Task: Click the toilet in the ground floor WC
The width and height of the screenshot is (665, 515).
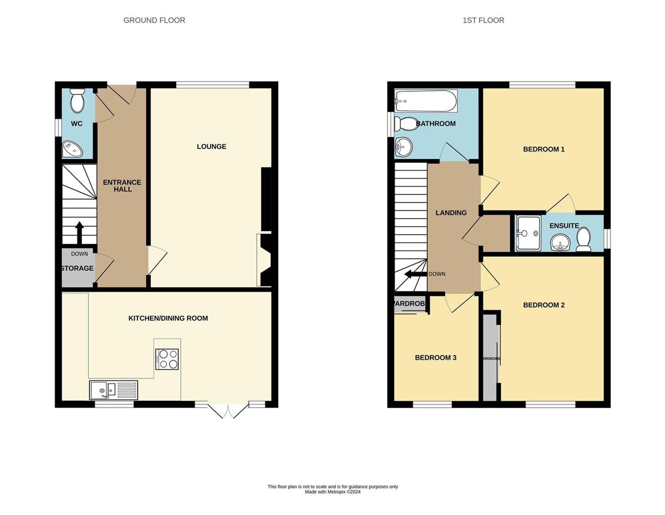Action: coord(77,100)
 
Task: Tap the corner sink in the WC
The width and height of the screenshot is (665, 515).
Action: coord(72,149)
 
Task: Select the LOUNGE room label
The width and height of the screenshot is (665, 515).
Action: coord(211,147)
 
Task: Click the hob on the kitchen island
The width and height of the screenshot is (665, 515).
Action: coord(167,359)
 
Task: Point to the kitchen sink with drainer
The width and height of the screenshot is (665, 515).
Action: coord(113,390)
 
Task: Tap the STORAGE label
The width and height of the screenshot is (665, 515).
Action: coord(77,268)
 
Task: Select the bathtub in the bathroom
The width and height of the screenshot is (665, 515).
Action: coord(426,101)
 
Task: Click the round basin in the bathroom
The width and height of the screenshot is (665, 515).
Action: coord(403,147)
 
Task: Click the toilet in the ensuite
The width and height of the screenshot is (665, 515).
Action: coord(584,239)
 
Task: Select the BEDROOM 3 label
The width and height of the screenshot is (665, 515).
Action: coord(436,358)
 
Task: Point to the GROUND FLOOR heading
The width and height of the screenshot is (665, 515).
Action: coord(154,20)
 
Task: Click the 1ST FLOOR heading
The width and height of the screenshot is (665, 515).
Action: coord(483,20)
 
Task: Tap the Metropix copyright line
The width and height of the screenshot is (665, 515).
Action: coord(332,492)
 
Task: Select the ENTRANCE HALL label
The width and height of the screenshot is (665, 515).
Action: coord(122,186)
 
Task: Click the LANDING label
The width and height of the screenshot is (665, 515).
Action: coord(451,213)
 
